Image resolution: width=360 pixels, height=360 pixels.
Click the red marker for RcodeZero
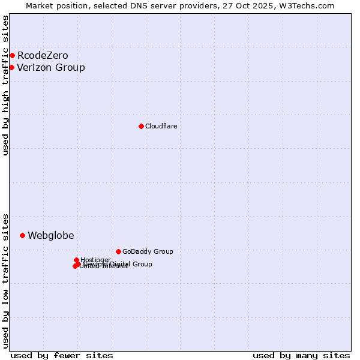[12, 56]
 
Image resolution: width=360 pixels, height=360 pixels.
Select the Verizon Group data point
[11, 67]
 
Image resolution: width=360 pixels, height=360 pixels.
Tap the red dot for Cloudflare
[141, 126]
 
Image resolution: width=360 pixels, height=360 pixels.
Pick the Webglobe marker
[22, 235]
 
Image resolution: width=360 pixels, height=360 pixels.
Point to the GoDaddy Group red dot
[118, 251]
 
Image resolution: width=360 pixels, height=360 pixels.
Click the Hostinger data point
[76, 260]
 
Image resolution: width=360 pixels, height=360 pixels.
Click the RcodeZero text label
[43, 56]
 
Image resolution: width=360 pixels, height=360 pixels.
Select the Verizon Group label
[51, 67]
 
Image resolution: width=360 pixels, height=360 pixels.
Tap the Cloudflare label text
[161, 126]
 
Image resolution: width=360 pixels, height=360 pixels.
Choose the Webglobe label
[51, 235]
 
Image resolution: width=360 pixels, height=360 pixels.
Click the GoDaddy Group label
[148, 251]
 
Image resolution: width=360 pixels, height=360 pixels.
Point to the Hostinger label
[95, 260]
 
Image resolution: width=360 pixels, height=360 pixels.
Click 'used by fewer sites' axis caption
[62, 355]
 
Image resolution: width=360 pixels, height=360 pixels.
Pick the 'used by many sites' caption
[301, 355]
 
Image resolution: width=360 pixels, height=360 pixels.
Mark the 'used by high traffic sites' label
[5, 85]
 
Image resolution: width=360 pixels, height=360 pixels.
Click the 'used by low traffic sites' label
[5, 280]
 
